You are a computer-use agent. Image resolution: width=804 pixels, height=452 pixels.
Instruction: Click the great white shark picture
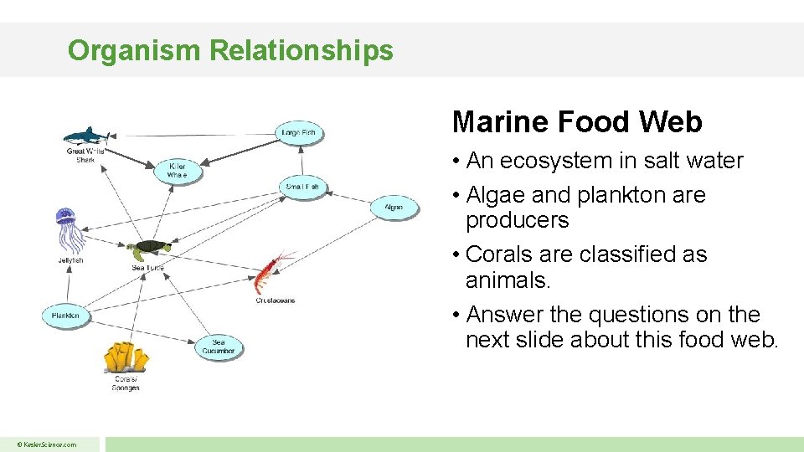[x=86, y=136]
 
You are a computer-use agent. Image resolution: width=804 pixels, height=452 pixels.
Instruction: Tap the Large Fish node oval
[x=299, y=132]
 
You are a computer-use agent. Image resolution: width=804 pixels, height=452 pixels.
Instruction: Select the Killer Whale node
[x=178, y=171]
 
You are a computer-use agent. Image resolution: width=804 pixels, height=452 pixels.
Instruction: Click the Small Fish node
[x=302, y=187]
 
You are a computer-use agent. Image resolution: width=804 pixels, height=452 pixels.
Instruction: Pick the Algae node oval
[x=394, y=207]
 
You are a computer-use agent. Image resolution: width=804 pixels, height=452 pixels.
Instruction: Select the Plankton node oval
[x=65, y=316]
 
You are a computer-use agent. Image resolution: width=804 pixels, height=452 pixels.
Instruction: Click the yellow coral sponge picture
[x=126, y=357]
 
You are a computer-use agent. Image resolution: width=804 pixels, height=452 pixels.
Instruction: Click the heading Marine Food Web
[x=576, y=122]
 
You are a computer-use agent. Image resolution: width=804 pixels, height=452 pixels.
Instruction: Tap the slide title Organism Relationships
[x=230, y=50]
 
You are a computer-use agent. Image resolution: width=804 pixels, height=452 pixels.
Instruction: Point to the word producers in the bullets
[x=517, y=220]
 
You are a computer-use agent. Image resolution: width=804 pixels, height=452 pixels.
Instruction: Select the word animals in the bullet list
[x=506, y=280]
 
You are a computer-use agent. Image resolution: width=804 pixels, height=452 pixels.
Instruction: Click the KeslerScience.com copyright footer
[x=49, y=444]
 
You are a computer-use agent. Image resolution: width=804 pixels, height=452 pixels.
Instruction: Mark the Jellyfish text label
[x=70, y=260]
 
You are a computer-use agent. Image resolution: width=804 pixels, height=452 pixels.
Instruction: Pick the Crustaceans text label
[x=275, y=300]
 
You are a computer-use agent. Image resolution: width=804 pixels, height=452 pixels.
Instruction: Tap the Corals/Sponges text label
[x=126, y=383]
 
